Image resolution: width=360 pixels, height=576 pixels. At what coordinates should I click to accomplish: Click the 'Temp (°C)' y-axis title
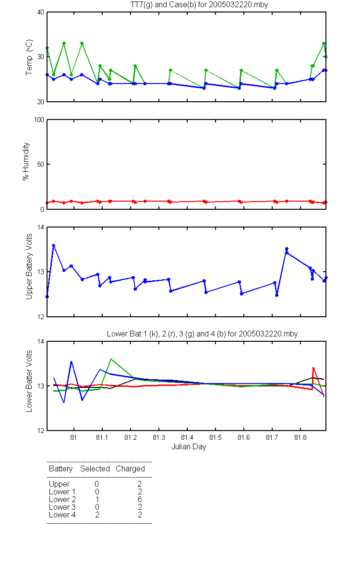(x=29, y=57)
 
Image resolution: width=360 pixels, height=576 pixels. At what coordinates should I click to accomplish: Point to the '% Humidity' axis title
(x=26, y=161)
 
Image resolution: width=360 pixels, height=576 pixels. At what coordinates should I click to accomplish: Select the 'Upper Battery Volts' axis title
(x=29, y=266)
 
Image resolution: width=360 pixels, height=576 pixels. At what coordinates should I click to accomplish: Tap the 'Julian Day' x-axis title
(x=189, y=447)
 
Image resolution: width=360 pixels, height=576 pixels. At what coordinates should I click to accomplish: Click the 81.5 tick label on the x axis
(x=215, y=437)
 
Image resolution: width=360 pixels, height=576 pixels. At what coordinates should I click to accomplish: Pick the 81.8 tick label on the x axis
(x=300, y=437)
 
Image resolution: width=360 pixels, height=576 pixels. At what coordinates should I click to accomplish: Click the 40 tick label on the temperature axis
(x=41, y=12)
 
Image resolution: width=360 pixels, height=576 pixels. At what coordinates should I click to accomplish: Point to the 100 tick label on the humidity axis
(x=39, y=120)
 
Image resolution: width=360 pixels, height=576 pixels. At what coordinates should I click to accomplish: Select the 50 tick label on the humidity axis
(x=41, y=164)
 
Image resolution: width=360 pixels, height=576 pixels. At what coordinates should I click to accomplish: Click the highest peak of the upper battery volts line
(x=53, y=246)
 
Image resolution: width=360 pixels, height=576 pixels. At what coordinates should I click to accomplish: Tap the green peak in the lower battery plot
(x=110, y=359)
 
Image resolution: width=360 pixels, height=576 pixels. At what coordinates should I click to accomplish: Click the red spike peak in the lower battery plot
(x=313, y=368)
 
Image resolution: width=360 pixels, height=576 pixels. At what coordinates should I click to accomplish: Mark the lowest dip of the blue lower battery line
(x=64, y=402)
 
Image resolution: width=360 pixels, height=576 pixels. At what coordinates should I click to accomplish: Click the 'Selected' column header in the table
(x=95, y=468)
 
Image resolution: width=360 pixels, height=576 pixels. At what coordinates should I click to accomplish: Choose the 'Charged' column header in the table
(x=130, y=469)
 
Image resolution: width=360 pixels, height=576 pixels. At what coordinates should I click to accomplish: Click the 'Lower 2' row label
(x=62, y=499)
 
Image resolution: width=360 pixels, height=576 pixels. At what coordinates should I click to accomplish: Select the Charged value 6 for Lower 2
(x=140, y=499)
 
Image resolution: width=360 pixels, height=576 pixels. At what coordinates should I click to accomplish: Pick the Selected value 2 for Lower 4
(x=97, y=515)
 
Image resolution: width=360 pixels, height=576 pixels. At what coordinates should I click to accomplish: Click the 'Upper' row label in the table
(x=59, y=484)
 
